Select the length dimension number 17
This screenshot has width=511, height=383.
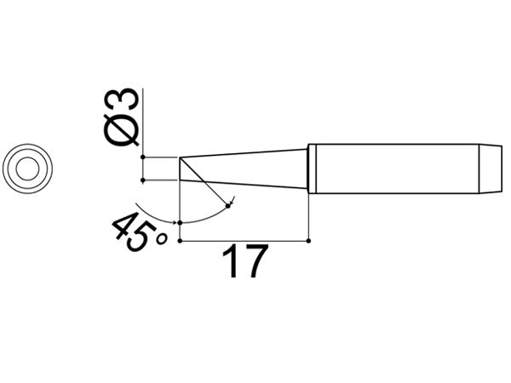click(x=244, y=264)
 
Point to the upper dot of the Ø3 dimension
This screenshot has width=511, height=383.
click(x=144, y=157)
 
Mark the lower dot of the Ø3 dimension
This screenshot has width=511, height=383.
click(x=144, y=180)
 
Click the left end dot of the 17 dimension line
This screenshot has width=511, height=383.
click(x=181, y=242)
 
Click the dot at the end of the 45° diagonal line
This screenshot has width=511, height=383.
click(x=228, y=204)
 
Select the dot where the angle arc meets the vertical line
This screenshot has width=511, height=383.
click(x=181, y=221)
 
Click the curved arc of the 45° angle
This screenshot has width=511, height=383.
click(x=204, y=219)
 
